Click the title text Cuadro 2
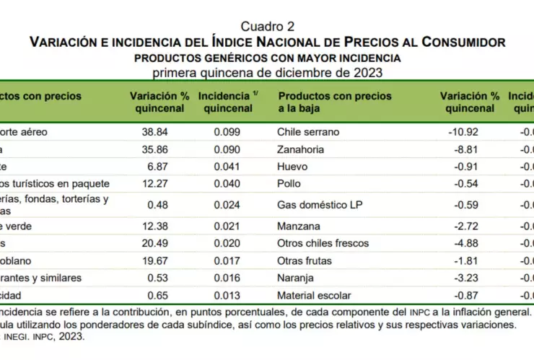click(x=267, y=27)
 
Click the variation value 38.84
click(x=156, y=132)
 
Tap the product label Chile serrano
click(x=308, y=132)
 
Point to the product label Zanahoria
click(x=301, y=149)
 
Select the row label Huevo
click(x=292, y=167)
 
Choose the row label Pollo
click(x=289, y=184)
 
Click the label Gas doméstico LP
click(x=320, y=204)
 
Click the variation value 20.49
click(x=156, y=242)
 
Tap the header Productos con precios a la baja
click(x=335, y=102)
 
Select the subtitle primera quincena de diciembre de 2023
click(x=267, y=72)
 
